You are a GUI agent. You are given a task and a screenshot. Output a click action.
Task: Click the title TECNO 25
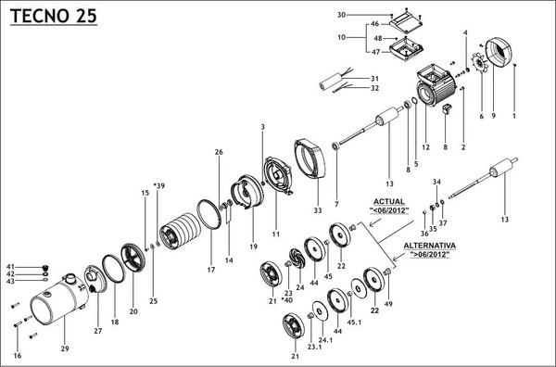pos(54,16)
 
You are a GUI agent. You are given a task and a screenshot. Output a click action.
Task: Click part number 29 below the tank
pos(65,348)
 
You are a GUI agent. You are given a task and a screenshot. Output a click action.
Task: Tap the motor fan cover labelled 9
pos(499,54)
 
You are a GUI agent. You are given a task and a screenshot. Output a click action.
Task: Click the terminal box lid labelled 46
pos(406,24)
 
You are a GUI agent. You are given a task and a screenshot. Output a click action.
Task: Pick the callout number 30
pos(341,15)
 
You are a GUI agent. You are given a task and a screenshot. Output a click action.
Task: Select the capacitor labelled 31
pos(331,82)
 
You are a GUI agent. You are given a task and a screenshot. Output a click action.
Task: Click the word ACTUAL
pos(388,202)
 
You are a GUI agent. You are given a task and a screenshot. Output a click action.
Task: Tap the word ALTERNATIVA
pos(429,246)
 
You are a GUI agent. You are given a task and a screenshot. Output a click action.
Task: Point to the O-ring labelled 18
pos(113,269)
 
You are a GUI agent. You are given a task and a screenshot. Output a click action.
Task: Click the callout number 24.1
pos(325,340)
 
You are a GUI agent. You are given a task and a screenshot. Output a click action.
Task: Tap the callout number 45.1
pos(354,323)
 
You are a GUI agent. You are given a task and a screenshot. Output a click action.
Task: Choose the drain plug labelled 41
pos(45,268)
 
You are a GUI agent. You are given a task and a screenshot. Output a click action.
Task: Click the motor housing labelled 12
pos(436,84)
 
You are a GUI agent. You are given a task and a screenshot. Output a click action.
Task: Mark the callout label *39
pos(158,185)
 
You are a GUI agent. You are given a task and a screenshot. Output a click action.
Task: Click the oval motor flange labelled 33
pos(310,158)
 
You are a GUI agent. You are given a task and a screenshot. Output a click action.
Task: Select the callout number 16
pos(18,356)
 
